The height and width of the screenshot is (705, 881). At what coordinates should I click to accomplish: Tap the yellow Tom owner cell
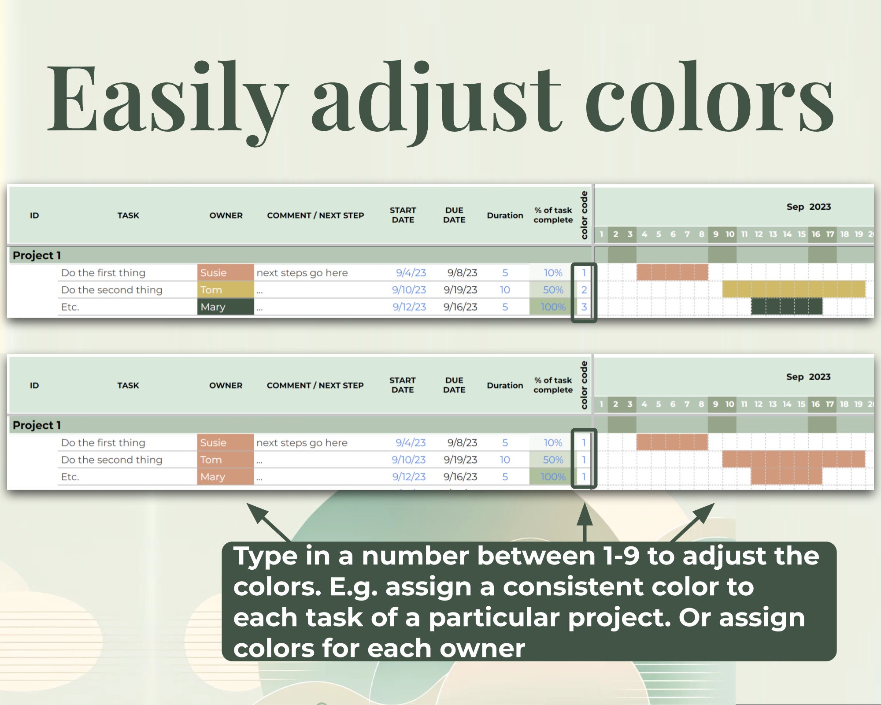(x=226, y=289)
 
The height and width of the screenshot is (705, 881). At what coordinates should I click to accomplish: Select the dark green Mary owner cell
(x=226, y=307)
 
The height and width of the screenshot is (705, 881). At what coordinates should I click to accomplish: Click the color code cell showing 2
(x=584, y=290)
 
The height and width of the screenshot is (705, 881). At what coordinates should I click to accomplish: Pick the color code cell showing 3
(x=584, y=307)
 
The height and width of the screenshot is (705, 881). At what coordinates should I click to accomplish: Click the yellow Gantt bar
(x=794, y=289)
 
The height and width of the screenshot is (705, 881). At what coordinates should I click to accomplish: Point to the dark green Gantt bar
(x=787, y=307)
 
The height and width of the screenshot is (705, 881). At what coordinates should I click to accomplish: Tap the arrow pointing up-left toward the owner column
(x=269, y=523)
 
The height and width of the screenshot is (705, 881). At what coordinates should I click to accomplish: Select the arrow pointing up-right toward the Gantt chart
(x=692, y=523)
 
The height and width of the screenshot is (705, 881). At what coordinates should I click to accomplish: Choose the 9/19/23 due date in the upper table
(x=460, y=290)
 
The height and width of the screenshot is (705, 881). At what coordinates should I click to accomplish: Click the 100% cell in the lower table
(x=553, y=477)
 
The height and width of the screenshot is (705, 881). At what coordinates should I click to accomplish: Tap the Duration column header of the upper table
(x=505, y=215)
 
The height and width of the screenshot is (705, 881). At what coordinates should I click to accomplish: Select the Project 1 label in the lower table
(x=37, y=425)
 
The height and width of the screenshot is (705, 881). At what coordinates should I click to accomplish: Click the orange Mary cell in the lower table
(x=226, y=477)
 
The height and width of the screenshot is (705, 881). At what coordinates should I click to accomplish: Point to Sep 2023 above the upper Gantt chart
(x=809, y=207)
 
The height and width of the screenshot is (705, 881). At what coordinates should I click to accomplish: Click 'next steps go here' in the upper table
(x=302, y=273)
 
